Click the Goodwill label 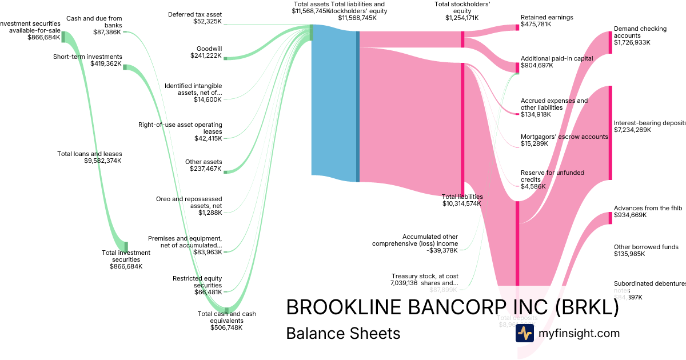(x=209, y=49)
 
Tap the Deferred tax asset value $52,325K (x=208, y=21)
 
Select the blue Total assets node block (x=334, y=100)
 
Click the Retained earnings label (x=547, y=18)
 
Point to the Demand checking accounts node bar (x=610, y=42)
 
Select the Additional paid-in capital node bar (x=517, y=67)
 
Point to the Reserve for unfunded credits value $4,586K (x=533, y=186)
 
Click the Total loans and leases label (x=90, y=154)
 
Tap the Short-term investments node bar (x=125, y=67)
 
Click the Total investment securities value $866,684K (x=126, y=266)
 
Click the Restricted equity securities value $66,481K (x=208, y=292)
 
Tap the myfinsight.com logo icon (x=524, y=333)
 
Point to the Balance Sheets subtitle (x=343, y=333)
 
